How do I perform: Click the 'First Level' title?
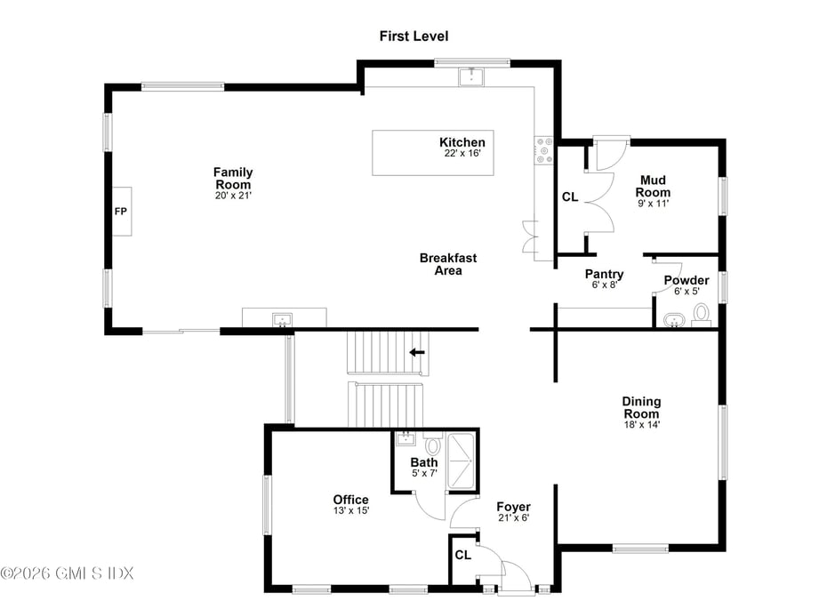tap(413, 36)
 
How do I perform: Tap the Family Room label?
tap(233, 178)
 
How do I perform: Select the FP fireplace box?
tap(121, 212)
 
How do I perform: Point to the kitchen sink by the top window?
tap(471, 76)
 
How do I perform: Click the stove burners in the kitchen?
tap(543, 150)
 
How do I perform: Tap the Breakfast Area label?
tap(448, 264)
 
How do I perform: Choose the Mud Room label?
tap(653, 187)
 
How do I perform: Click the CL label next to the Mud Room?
tap(570, 197)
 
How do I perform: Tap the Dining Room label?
tap(641, 408)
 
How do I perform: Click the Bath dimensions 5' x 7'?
tap(424, 474)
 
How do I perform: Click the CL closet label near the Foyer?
tap(462, 556)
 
